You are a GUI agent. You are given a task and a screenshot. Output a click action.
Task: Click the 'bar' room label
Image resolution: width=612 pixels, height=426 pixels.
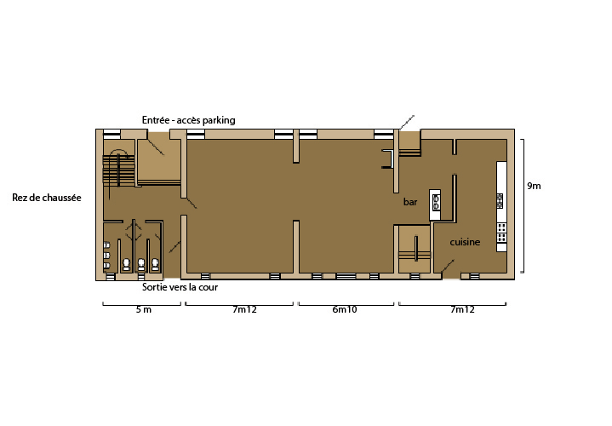pyautogui.click(x=410, y=202)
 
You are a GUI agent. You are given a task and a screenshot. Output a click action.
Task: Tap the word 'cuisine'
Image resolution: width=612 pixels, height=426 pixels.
pyautogui.click(x=465, y=242)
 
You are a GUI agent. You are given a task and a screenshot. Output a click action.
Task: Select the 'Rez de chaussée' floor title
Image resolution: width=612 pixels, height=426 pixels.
pyautogui.click(x=47, y=198)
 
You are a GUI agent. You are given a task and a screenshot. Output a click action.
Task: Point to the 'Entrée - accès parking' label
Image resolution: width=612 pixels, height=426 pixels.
pyautogui.click(x=188, y=120)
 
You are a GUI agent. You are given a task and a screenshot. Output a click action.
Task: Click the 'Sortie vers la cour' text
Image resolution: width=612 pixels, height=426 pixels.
pyautogui.click(x=180, y=287)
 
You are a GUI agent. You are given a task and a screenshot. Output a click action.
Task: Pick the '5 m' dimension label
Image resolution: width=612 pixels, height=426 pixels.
pyautogui.click(x=143, y=309)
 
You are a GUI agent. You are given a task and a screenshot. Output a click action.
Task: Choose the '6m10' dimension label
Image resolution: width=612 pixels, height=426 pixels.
pyautogui.click(x=345, y=309)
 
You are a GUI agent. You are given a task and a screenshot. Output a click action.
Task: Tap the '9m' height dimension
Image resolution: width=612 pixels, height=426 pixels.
pyautogui.click(x=534, y=186)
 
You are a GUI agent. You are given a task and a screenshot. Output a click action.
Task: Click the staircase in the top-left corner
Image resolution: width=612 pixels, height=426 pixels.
pyautogui.click(x=119, y=170)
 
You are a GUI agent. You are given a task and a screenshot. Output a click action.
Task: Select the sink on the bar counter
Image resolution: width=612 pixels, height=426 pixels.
pyautogui.click(x=436, y=202)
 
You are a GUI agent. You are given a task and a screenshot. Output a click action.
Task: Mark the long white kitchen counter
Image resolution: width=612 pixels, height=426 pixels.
pyautogui.click(x=501, y=206)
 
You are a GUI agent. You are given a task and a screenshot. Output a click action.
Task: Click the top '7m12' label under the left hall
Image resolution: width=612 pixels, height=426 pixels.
pyautogui.click(x=245, y=309)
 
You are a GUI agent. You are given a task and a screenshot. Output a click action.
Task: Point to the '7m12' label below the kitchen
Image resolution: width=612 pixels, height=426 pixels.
pyautogui.click(x=462, y=309)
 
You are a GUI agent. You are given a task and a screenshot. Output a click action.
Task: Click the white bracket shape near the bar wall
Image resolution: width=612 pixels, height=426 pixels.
pyautogui.click(x=391, y=158)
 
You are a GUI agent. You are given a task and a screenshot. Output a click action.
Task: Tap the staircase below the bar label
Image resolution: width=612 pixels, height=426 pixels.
pyautogui.click(x=415, y=250)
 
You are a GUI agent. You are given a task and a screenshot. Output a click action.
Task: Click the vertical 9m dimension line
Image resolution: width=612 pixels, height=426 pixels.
pyautogui.click(x=523, y=205)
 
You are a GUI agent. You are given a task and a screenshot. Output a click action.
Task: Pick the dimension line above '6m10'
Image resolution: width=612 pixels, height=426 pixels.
pyautogui.click(x=346, y=304)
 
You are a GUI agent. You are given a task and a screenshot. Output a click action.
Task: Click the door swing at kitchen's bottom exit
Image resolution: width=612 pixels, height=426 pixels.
pyautogui.click(x=448, y=266)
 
